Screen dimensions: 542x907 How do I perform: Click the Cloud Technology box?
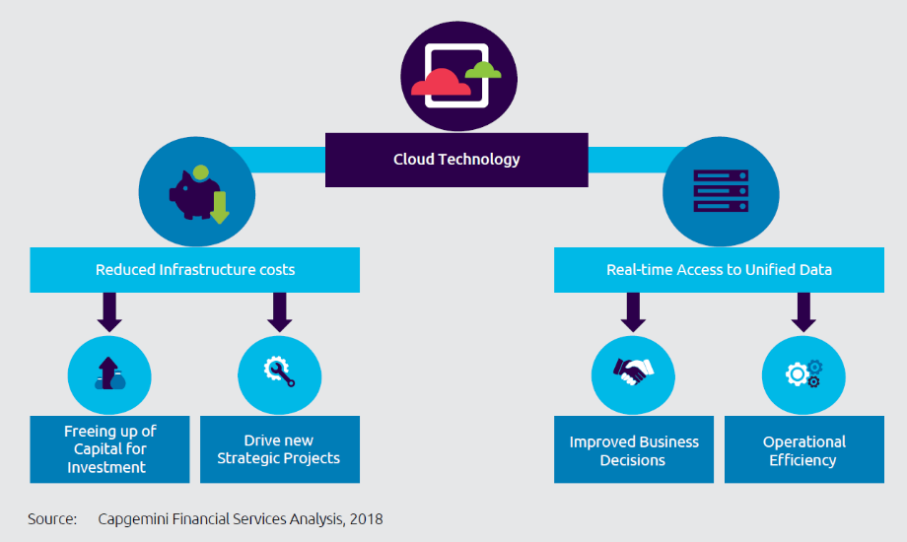[x=456, y=160]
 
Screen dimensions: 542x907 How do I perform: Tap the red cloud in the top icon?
[x=440, y=84]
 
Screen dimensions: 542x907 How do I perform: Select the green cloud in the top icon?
[x=482, y=70]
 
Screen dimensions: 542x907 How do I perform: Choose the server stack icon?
[x=721, y=189]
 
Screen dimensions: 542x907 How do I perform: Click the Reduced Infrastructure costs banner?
[x=194, y=270]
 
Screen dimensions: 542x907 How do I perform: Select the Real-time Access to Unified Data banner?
[x=719, y=270]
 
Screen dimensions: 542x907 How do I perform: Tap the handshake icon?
[x=633, y=372]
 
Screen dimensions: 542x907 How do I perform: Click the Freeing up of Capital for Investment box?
[x=109, y=449]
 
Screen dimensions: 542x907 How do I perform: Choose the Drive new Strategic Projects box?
[x=280, y=449]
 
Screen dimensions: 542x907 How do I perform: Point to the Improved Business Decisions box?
[x=633, y=449]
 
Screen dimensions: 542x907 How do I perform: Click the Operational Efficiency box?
[x=803, y=449]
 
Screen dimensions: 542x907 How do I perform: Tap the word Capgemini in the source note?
[x=135, y=518]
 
